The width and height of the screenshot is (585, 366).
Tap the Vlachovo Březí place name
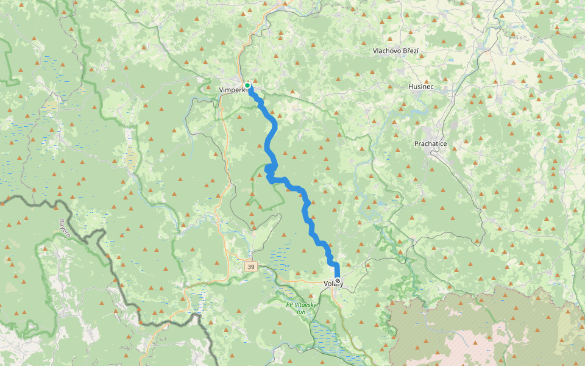pyautogui.click(x=395, y=51)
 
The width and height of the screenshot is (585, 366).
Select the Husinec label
pyautogui.click(x=420, y=87)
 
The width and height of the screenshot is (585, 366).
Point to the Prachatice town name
pyautogui.click(x=430, y=144)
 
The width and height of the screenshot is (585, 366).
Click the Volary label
pyautogui.click(x=332, y=284)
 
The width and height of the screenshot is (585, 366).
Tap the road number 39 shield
pyautogui.click(x=251, y=267)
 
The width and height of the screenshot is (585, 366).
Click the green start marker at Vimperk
pyautogui.click(x=247, y=85)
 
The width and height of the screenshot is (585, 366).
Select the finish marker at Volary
pyautogui.click(x=338, y=281)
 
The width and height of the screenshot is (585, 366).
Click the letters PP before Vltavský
pyautogui.click(x=290, y=305)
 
